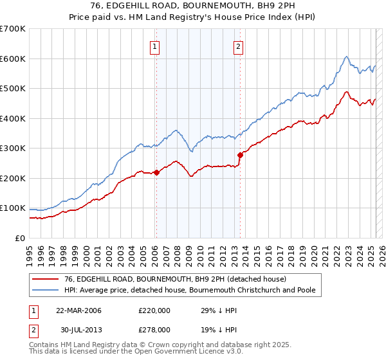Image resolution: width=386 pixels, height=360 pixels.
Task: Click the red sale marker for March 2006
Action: pyautogui.click(x=156, y=172)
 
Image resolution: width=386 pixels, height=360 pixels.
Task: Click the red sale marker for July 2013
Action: pyautogui.click(x=240, y=155)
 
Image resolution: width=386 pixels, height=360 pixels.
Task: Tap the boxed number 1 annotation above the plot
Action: pyautogui.click(x=156, y=46)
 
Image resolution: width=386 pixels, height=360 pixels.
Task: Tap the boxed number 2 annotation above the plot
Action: pyautogui.click(x=238, y=46)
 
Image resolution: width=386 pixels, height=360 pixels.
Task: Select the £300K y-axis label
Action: pyautogui.click(x=13, y=148)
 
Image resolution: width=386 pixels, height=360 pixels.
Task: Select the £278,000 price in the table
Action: pyautogui.click(x=154, y=329)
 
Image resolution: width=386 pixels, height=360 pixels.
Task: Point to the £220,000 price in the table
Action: pyautogui.click(x=154, y=310)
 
